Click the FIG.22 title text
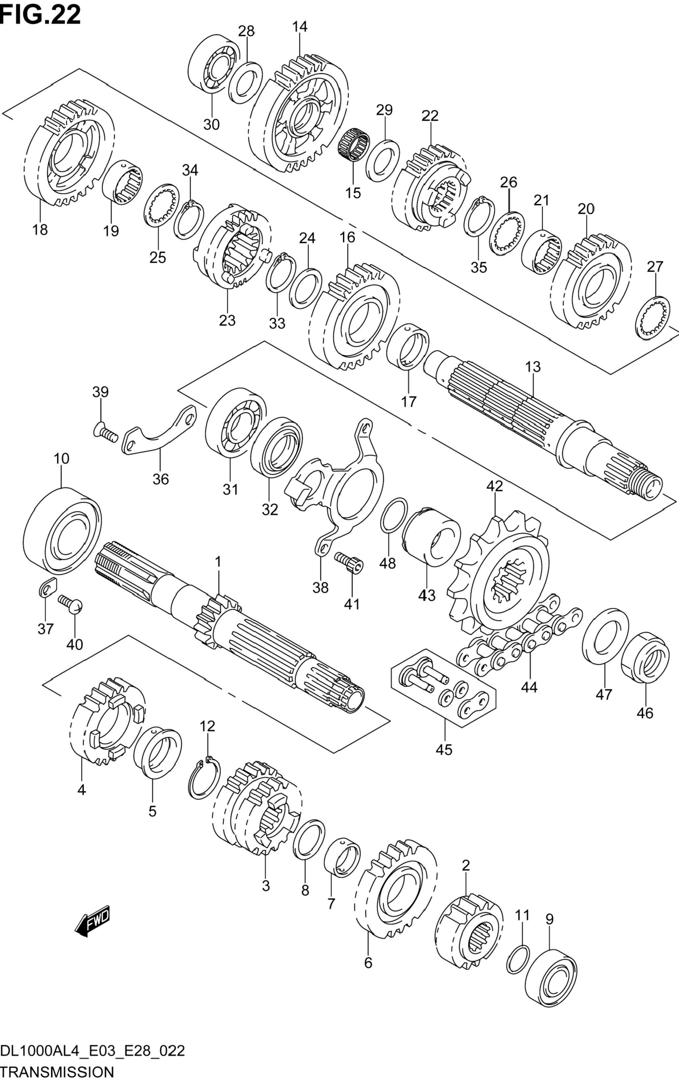(x=41, y=14)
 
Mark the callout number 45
(x=444, y=749)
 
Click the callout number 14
(x=300, y=27)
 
